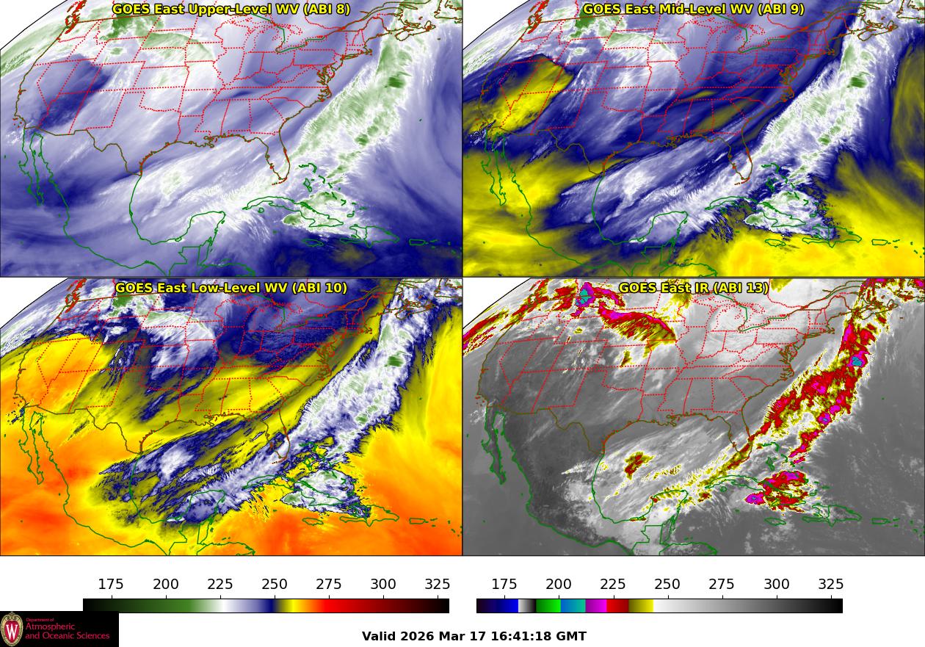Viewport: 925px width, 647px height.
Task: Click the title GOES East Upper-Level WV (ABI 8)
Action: [x=231, y=10]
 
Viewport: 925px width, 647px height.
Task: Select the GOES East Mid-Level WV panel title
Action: [x=693, y=10]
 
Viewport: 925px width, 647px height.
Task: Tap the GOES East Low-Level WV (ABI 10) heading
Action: [x=231, y=288]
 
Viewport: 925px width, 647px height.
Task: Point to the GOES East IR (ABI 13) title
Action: [x=693, y=288]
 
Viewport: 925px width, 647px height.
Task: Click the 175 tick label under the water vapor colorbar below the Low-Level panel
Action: [x=111, y=585]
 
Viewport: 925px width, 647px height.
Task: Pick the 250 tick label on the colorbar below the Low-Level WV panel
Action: [x=275, y=585]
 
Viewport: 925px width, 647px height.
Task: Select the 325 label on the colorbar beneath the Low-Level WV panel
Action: [x=438, y=585]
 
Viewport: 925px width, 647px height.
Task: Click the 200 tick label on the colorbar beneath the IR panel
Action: [x=559, y=585]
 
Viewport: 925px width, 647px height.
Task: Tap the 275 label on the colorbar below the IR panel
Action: [x=722, y=585]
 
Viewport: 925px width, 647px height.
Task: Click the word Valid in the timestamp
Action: [x=379, y=636]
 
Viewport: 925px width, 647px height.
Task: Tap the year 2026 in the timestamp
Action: [x=416, y=636]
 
